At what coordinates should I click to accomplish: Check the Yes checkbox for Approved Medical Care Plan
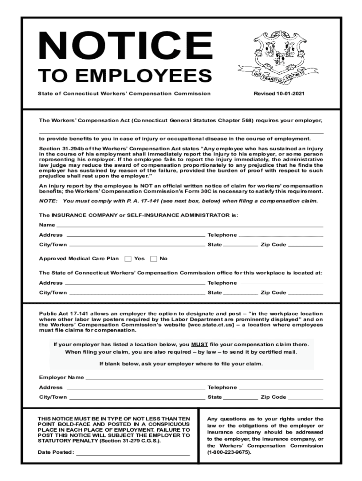point(128,259)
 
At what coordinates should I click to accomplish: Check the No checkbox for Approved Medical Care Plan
point(154,259)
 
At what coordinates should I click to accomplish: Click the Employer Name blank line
point(204,378)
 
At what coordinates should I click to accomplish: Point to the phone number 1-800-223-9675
point(229,452)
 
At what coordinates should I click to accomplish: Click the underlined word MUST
point(200,344)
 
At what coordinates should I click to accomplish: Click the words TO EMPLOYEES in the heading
point(125,76)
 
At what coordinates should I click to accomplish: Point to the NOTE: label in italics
point(48,201)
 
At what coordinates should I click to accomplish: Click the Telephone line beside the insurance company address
point(281,235)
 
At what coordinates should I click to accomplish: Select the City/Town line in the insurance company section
point(136,245)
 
